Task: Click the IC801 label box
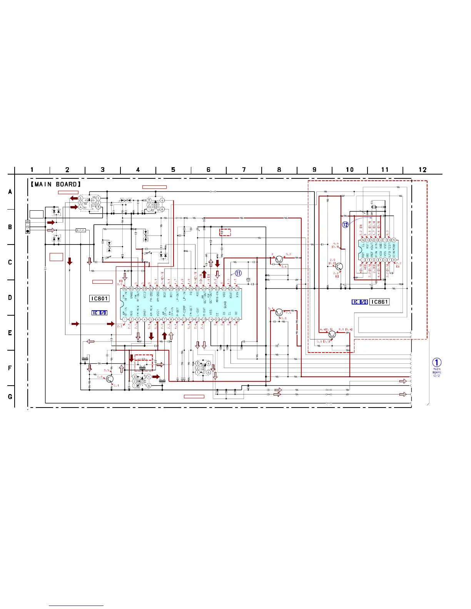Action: pyautogui.click(x=99, y=298)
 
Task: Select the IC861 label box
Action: pyautogui.click(x=379, y=302)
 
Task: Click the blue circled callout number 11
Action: pyautogui.click(x=238, y=273)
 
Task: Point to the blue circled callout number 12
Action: pyautogui.click(x=345, y=225)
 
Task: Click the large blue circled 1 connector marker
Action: pyautogui.click(x=437, y=363)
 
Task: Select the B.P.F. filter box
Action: pyautogui.click(x=81, y=230)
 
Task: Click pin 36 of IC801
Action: pyautogui.click(x=125, y=288)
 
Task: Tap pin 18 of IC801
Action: pyautogui.click(x=237, y=319)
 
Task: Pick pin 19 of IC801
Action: pyautogui.click(x=237, y=288)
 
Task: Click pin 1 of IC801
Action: pyautogui.click(x=125, y=319)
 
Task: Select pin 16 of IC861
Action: pyautogui.click(x=362, y=240)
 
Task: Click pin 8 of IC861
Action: pyautogui.click(x=394, y=260)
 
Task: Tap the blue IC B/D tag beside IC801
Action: pyautogui.click(x=99, y=313)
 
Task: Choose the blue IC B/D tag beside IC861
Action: pyautogui.click(x=360, y=302)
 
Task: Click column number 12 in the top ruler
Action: pyautogui.click(x=423, y=170)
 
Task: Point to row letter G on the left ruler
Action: pyautogui.click(x=10, y=396)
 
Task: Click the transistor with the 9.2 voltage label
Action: pyautogui.click(x=279, y=260)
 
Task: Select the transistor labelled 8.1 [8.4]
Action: pyautogui.click(x=332, y=334)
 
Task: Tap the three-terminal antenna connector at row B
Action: pyautogui.click(x=27, y=226)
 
